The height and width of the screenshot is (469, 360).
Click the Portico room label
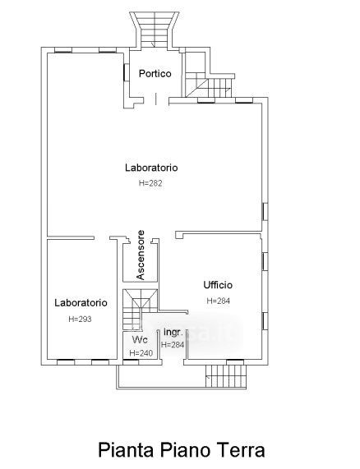155,74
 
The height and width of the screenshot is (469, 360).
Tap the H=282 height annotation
150,183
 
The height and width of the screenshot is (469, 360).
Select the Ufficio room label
218,285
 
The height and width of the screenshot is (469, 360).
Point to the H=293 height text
80,320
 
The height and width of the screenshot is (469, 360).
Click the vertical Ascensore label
141,255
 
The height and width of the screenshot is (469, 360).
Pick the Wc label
140,340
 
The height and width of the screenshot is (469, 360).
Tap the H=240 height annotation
141,353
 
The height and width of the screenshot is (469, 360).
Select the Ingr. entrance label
173,333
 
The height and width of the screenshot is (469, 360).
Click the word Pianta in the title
127,450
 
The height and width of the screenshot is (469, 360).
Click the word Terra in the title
242,450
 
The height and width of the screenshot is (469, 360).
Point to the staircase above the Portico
155,30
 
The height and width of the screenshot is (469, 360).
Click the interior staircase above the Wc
140,310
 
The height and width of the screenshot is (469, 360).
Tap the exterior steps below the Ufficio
226,376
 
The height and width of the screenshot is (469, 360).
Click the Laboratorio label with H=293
81,303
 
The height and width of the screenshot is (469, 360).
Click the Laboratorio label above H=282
151,168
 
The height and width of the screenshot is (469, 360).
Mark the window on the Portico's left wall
124,72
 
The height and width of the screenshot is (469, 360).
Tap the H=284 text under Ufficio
219,301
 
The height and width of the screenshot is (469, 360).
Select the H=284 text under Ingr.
173,345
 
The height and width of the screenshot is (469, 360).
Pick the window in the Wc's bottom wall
131,362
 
